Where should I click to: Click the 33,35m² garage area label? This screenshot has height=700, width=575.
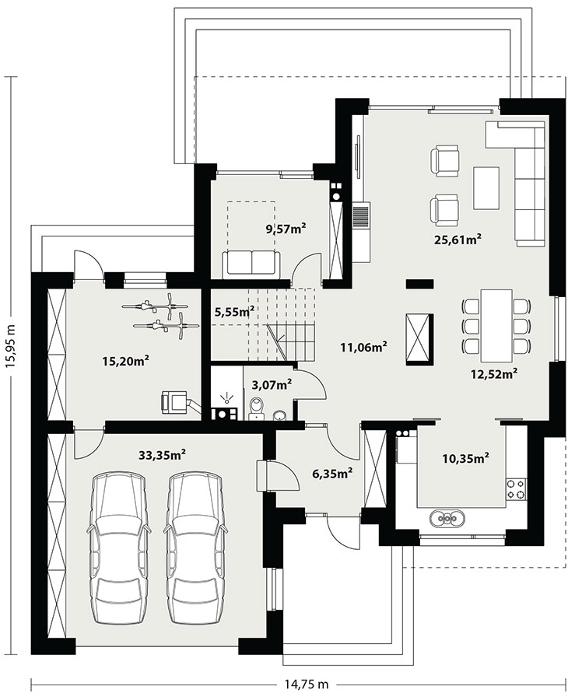coord(162,455)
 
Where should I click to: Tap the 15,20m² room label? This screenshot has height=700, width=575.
coord(125,361)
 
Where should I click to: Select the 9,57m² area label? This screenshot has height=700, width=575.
coord(286,229)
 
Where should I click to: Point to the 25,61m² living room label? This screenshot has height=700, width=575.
coord(458,240)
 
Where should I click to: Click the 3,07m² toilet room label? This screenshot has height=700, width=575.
coord(272,384)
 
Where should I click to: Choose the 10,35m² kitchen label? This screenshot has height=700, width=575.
coord(465,457)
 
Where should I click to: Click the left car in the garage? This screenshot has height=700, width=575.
coord(118,548)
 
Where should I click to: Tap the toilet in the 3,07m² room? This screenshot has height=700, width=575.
coord(257,408)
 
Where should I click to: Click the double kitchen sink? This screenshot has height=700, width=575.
coord(447,518)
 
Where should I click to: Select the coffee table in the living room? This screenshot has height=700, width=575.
coord(486,188)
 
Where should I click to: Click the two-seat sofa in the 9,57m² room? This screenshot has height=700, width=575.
coord(252,263)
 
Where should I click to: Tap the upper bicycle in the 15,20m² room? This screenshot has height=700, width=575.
coord(156,306)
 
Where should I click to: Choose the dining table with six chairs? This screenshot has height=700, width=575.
coord(496,326)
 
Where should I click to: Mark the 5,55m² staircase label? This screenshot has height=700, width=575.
coord(235,312)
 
